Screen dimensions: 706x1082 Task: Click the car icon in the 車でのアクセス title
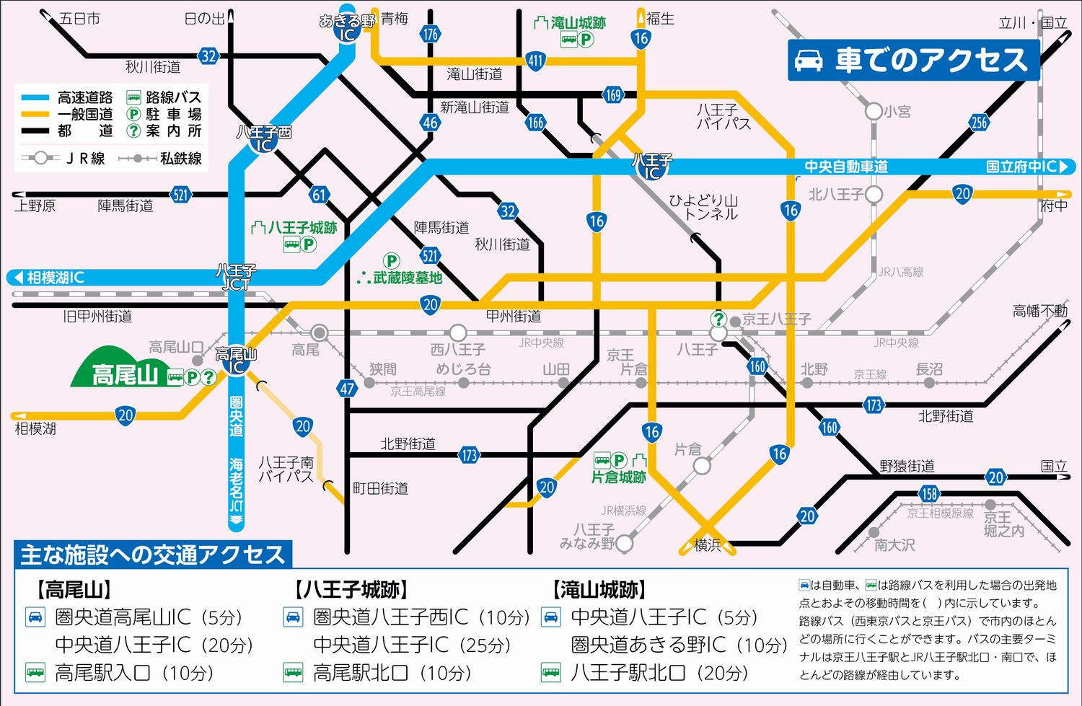click(x=809, y=60)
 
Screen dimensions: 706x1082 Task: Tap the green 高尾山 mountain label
click(x=125, y=375)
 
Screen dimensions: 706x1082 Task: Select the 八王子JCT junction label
click(x=236, y=278)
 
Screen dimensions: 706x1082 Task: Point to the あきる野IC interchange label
click(x=347, y=27)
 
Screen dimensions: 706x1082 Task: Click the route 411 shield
click(x=535, y=61)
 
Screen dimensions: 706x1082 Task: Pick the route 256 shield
click(x=979, y=123)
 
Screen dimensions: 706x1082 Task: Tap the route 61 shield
click(x=320, y=195)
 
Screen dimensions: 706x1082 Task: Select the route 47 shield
click(x=347, y=389)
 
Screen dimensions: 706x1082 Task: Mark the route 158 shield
click(x=929, y=494)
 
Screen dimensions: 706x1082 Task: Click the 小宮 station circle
click(x=874, y=111)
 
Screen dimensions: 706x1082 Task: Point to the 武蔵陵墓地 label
click(x=407, y=278)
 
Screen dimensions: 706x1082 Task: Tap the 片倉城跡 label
click(x=618, y=477)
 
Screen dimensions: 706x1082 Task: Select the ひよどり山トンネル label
click(x=703, y=207)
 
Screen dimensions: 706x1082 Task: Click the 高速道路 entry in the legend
click(x=85, y=97)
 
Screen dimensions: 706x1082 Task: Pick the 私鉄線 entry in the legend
click(x=180, y=158)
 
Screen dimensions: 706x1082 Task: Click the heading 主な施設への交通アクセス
click(x=152, y=555)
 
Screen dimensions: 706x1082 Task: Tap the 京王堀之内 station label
click(x=1003, y=524)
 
